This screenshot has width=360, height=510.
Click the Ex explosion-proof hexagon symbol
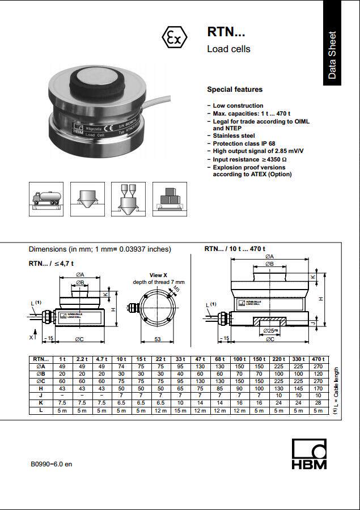[x=174, y=38]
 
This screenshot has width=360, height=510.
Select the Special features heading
[x=235, y=90]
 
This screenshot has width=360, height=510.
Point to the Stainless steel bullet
[x=234, y=136]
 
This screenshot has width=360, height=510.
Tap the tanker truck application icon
[x=46, y=198]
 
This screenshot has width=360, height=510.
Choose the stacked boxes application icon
[x=170, y=198]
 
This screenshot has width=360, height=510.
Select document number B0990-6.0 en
[x=52, y=464]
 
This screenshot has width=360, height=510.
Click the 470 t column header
[x=318, y=359]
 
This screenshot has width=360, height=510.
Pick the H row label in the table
[x=40, y=389]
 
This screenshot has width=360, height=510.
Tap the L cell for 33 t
[x=180, y=411]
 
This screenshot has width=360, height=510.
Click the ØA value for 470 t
[x=318, y=367]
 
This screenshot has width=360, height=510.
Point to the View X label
[x=158, y=275]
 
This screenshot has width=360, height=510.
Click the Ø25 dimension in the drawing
[x=270, y=330]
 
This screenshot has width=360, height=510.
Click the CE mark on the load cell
[x=110, y=126]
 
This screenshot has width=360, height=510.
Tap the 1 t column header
[x=62, y=359]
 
